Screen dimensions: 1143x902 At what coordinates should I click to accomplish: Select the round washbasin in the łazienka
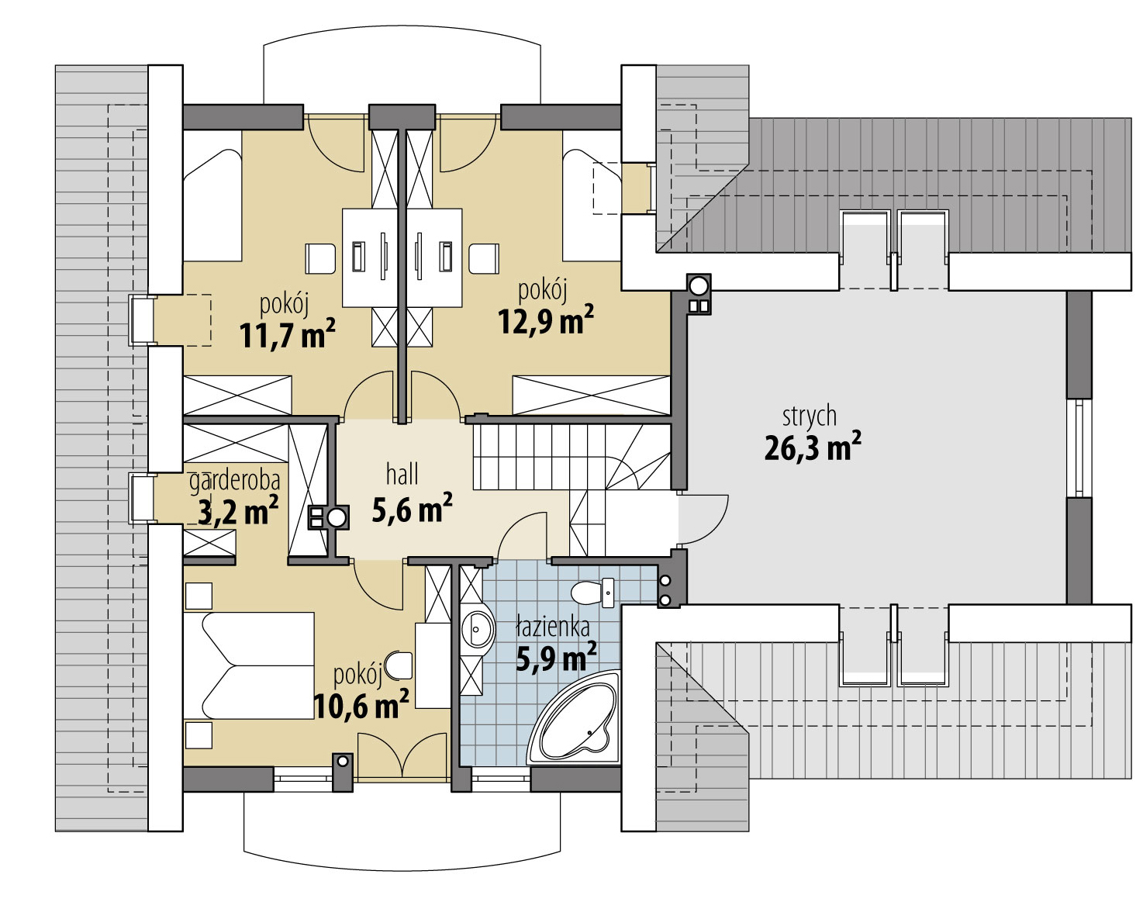(x=478, y=630)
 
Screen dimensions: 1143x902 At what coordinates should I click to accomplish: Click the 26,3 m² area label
(x=813, y=448)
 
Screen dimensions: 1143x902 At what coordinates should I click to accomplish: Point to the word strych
(x=810, y=416)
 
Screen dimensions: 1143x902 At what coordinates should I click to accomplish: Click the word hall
(x=402, y=475)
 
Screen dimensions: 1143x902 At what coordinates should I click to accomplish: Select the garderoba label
(x=235, y=481)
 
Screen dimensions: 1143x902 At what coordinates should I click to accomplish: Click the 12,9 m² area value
(x=545, y=320)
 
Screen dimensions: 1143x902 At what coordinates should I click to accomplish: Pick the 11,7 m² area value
(x=288, y=334)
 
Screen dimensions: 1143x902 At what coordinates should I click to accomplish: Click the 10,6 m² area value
(x=361, y=705)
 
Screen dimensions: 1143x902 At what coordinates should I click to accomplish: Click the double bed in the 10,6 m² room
(x=249, y=666)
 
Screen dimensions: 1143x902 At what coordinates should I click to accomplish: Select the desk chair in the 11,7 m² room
(x=320, y=259)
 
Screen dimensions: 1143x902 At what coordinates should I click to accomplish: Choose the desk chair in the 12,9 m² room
(x=484, y=259)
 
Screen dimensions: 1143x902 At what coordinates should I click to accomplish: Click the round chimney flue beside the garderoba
(x=337, y=517)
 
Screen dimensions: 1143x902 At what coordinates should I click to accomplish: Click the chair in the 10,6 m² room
(x=399, y=665)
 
